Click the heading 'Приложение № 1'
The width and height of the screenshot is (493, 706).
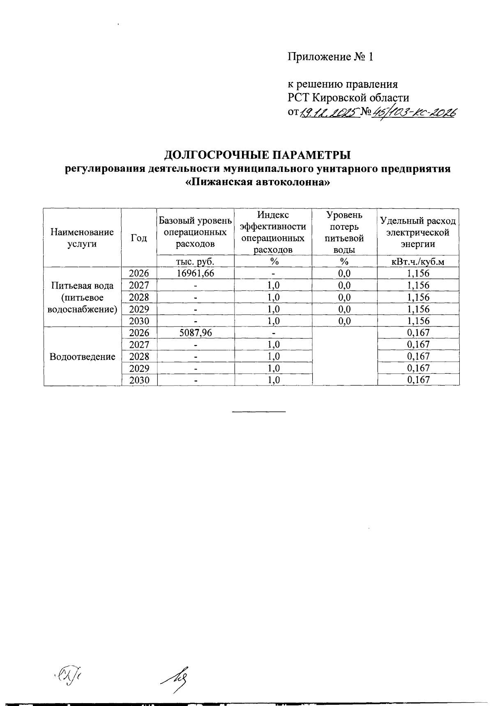(x=330, y=57)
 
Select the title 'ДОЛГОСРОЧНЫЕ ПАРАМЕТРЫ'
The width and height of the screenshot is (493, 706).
(x=258, y=155)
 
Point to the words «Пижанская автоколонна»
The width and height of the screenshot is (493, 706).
(x=258, y=182)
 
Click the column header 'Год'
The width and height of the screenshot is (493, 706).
(x=139, y=238)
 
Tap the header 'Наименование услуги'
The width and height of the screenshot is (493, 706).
(x=82, y=238)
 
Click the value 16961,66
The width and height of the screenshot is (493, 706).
(x=195, y=273)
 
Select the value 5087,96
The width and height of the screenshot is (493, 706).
(x=195, y=333)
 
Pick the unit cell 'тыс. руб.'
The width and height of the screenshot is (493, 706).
(x=195, y=261)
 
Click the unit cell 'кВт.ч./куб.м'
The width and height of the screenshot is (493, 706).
(x=418, y=261)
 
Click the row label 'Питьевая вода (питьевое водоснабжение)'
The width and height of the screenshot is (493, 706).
(x=82, y=297)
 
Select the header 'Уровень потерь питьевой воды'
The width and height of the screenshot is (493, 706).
(x=344, y=232)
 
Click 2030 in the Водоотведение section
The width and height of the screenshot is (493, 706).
(x=139, y=380)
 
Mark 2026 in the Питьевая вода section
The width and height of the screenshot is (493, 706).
(x=139, y=273)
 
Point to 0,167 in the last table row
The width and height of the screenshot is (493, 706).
(x=418, y=380)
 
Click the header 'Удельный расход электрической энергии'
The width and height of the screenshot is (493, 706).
(x=418, y=233)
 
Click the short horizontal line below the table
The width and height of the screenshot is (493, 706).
(x=259, y=411)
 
